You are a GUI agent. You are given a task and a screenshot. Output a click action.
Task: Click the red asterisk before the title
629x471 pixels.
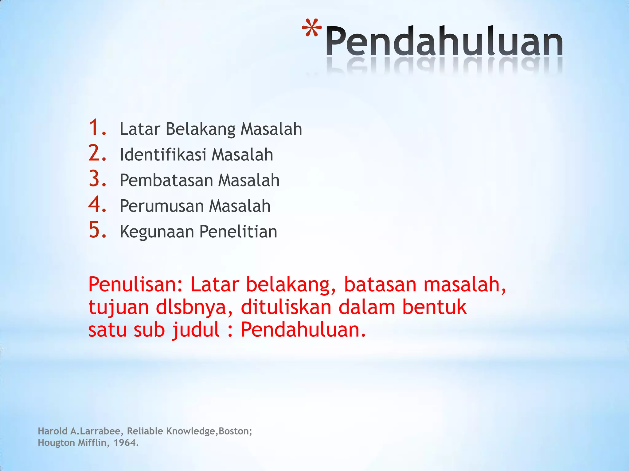(x=312, y=29)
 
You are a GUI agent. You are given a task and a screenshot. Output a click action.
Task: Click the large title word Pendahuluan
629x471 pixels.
(x=444, y=41)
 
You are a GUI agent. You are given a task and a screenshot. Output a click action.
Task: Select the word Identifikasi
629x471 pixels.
(x=163, y=155)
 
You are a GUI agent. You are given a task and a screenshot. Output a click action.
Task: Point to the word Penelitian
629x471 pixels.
(x=238, y=232)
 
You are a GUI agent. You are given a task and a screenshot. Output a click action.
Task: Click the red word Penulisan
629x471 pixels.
(x=135, y=285)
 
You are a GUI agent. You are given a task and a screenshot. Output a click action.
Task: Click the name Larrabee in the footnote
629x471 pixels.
(x=101, y=431)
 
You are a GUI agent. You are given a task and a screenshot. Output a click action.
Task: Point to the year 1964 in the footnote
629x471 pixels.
(x=126, y=443)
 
